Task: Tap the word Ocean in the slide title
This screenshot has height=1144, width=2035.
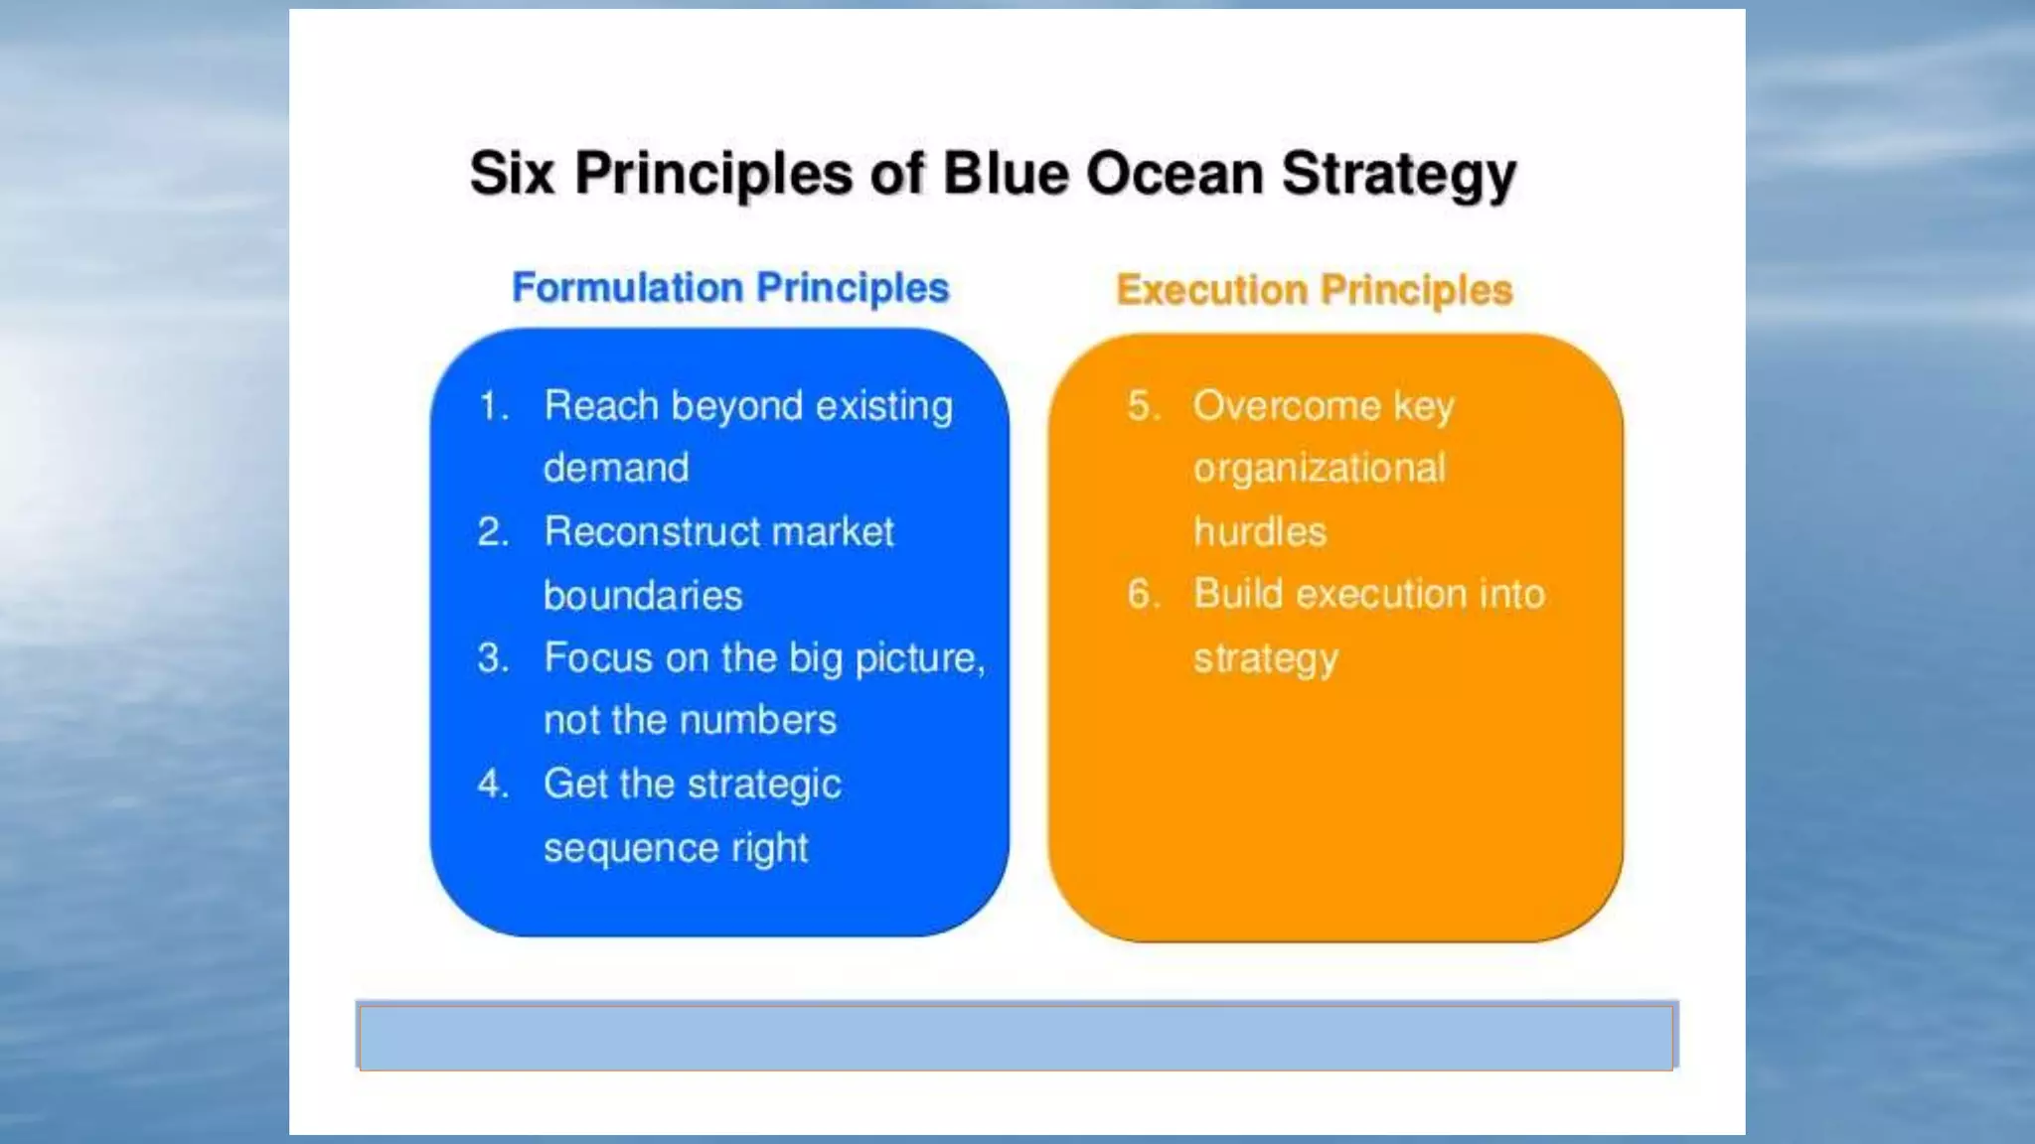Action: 1174,174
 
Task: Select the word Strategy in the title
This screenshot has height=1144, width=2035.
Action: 1398,176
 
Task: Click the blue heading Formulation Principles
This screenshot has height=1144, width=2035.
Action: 730,288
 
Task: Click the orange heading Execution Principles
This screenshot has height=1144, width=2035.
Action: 1314,290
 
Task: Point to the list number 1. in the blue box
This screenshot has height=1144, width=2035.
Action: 494,406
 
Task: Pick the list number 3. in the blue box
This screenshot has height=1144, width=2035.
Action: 493,658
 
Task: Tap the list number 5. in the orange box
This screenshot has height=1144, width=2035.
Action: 1144,406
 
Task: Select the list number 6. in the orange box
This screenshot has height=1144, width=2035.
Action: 1144,594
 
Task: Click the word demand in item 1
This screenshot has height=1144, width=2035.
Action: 616,468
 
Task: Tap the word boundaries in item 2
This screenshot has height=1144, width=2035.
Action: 643,596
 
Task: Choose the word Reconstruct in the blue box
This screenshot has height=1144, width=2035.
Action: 650,532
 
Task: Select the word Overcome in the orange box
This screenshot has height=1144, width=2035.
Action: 1287,406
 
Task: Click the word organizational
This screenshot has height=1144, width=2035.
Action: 1319,468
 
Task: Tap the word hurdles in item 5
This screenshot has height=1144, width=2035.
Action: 1260,532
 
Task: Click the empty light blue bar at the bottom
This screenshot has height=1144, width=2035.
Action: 1016,1036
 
